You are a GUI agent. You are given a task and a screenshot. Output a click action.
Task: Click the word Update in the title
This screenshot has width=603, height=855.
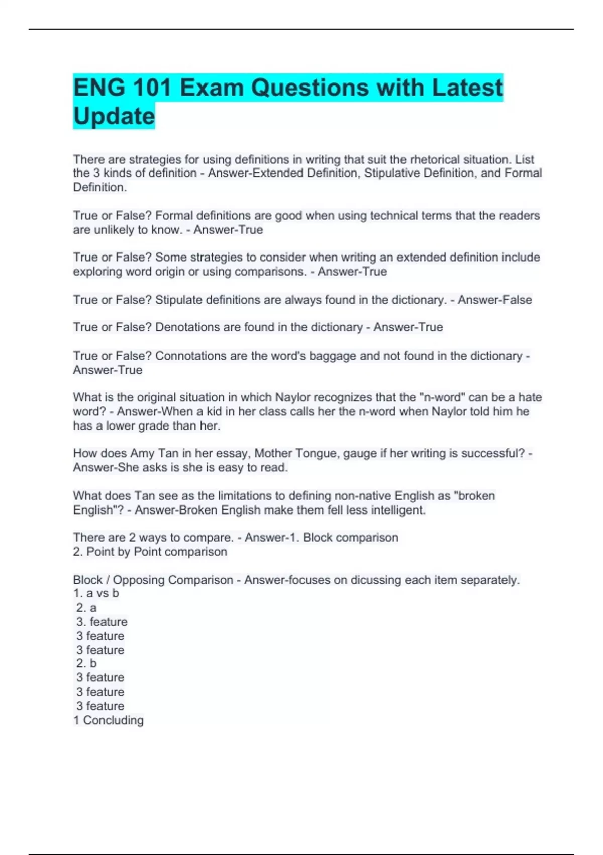(x=114, y=116)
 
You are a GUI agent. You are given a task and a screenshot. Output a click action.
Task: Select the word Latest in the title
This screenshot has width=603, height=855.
(x=467, y=88)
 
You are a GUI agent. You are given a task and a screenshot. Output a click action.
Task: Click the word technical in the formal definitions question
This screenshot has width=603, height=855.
(x=394, y=216)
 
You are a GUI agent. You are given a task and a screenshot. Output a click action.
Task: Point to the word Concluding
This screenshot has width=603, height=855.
(x=113, y=720)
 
